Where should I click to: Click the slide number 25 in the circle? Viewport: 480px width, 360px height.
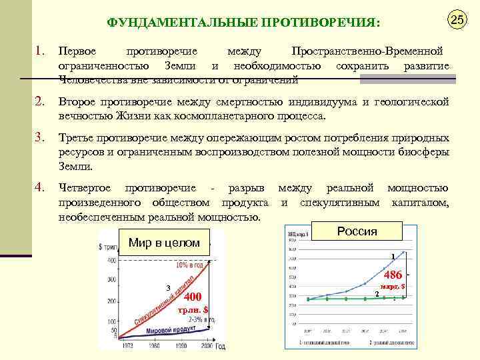[x=456, y=20]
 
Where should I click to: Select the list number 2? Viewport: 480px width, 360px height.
[x=40, y=102]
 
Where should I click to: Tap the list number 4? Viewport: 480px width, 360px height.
[x=40, y=187]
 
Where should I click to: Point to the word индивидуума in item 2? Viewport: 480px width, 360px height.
[x=324, y=102]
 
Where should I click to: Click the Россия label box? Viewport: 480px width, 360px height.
[x=357, y=232]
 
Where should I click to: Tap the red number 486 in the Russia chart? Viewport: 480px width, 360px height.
[x=393, y=275]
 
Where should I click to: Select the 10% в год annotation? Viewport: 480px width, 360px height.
[x=190, y=265]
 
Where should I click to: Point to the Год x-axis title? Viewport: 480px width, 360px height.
[x=220, y=346]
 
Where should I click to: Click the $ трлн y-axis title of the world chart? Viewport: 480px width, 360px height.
[x=108, y=247]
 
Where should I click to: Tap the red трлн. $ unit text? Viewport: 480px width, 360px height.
[x=194, y=310]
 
